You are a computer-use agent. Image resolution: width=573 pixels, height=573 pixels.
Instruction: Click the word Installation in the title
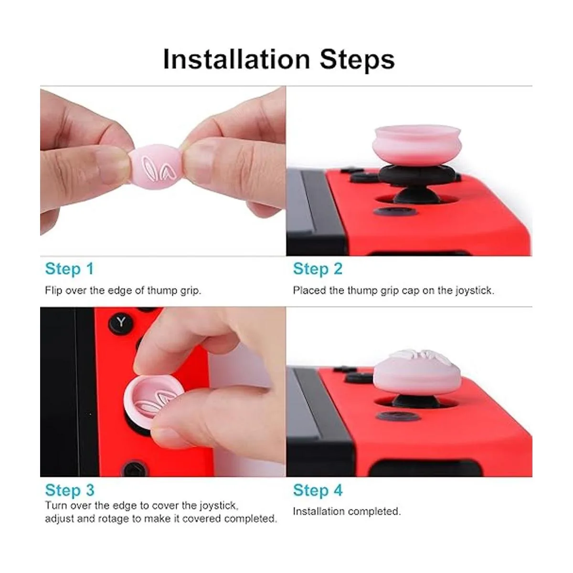237,60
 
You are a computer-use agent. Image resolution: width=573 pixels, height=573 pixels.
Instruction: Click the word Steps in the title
358,60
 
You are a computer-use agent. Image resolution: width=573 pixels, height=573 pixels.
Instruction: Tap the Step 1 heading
70,269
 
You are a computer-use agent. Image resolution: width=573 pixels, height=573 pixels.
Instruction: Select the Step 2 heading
318,269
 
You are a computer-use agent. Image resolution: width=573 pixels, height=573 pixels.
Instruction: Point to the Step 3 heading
70,490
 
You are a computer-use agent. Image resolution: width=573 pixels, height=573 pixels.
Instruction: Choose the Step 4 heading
318,490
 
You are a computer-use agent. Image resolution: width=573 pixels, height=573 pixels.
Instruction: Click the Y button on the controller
121,322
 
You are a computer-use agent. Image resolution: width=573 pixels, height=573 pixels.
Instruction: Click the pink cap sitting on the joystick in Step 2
416,146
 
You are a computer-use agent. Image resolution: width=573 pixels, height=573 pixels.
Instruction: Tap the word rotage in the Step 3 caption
113,519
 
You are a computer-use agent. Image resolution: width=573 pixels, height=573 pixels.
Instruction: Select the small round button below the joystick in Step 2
395,212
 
